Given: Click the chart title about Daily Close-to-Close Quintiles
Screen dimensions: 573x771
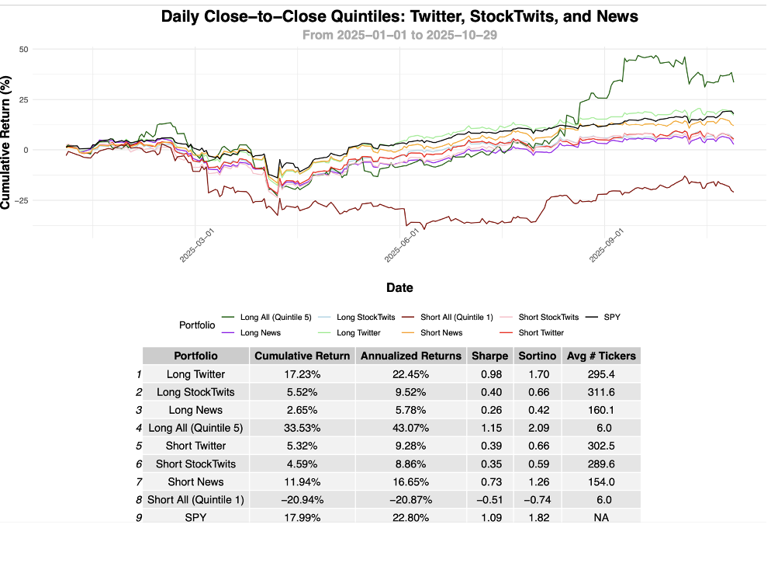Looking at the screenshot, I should point(399,16).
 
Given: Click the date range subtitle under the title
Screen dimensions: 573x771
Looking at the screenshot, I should point(399,35).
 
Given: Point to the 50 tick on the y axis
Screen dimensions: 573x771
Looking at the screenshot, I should point(23,49).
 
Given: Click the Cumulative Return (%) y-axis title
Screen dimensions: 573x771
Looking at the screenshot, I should point(7,142).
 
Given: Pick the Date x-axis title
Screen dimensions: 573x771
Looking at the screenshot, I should point(399,287).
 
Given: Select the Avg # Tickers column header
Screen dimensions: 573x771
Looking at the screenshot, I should point(601,356).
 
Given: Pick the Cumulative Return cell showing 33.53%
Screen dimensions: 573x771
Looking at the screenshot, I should point(302,428).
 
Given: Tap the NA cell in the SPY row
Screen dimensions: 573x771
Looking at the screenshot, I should point(601,517).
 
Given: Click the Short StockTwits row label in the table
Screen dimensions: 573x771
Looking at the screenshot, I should point(195,464).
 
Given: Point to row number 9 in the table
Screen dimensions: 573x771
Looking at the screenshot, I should point(139,517).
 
